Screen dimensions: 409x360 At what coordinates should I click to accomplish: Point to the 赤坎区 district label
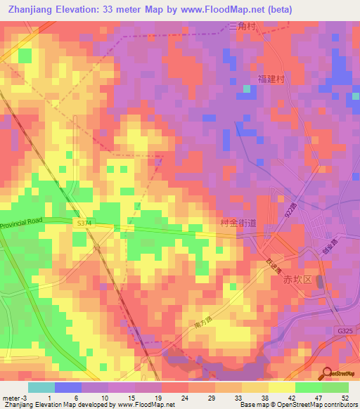296,279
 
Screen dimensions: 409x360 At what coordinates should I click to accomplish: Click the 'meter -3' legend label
13,398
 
